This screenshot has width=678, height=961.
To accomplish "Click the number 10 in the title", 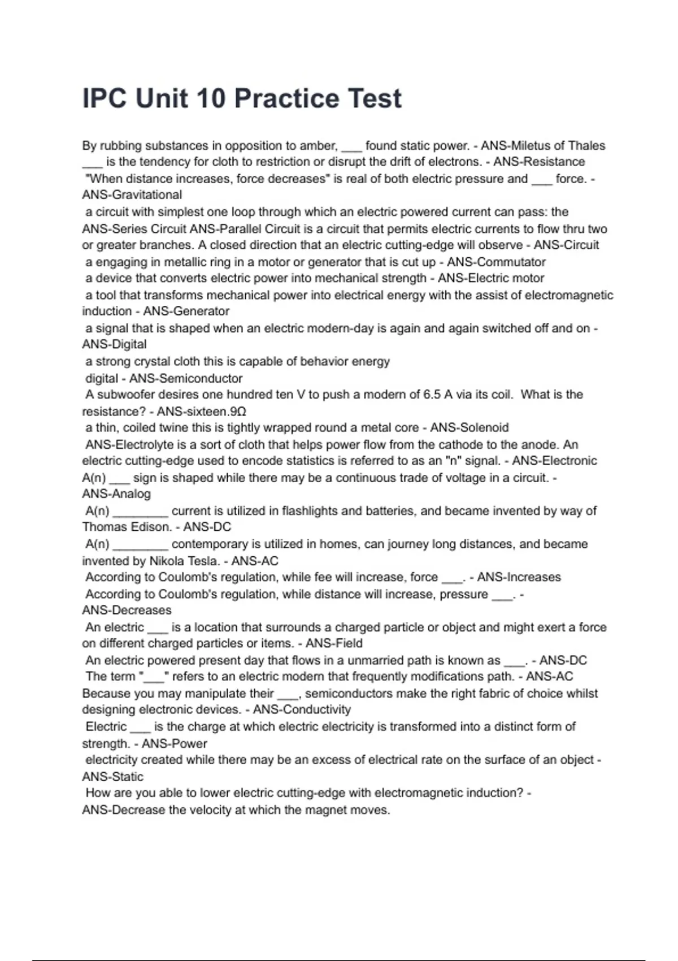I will click(210, 99).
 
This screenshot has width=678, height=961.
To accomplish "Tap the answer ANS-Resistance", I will click(539, 162).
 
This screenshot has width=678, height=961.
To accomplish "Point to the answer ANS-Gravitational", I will click(132, 195).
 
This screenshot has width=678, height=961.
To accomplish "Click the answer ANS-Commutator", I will click(496, 262).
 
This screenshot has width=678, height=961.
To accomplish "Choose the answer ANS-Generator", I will click(186, 311).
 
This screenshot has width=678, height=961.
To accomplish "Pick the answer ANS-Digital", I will click(114, 344).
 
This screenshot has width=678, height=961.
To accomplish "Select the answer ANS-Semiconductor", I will click(186, 378).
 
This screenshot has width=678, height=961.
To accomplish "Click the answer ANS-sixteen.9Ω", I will click(202, 412).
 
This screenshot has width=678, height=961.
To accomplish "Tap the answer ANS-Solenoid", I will click(470, 428).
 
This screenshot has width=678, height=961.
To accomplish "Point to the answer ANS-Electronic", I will click(554, 461).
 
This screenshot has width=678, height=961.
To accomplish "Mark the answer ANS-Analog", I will click(116, 494).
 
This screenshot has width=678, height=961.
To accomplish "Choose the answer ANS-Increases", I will click(519, 577).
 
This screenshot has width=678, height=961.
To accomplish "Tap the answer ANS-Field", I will click(334, 643).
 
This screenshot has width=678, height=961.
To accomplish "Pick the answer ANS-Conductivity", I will click(302, 710).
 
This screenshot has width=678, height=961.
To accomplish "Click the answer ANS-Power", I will click(175, 744).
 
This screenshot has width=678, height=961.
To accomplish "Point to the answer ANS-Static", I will click(112, 777).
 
